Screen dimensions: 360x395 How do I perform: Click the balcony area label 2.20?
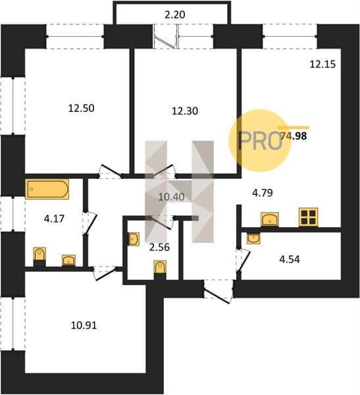click(x=175, y=14)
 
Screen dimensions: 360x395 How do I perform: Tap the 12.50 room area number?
click(x=82, y=109)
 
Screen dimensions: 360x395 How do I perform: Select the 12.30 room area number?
click(x=185, y=111)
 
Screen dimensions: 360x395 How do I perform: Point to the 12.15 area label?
click(x=322, y=65)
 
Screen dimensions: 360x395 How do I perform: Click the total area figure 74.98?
click(x=294, y=136)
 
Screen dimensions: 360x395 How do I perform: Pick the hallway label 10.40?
click(x=171, y=197)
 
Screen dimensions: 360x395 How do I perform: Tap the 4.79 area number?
click(x=263, y=193)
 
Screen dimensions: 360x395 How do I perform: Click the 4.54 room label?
click(x=290, y=259)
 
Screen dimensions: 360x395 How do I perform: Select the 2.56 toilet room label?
click(x=159, y=248)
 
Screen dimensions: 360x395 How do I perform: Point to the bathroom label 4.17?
click(x=54, y=219)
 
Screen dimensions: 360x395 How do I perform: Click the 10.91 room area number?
click(x=84, y=325)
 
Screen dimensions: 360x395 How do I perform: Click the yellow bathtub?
click(x=47, y=189)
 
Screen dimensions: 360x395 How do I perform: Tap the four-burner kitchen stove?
click(x=309, y=217)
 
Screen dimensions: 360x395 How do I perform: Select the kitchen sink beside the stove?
click(x=270, y=219)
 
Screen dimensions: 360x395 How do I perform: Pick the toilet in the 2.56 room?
click(x=160, y=270)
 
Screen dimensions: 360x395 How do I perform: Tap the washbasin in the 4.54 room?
click(x=253, y=238)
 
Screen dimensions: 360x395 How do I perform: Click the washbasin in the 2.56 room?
click(x=134, y=239)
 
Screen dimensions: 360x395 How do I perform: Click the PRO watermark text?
click(x=259, y=141)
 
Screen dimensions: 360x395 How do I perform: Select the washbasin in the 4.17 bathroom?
click(x=69, y=261)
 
